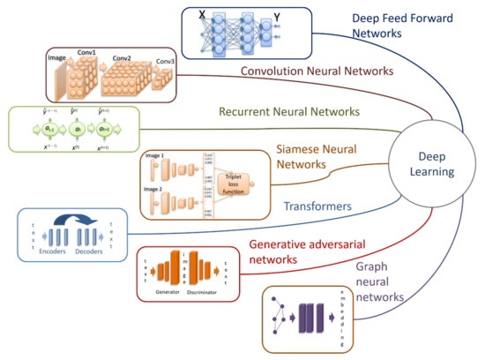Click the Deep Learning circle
click(x=429, y=162)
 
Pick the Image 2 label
click(x=154, y=189)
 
